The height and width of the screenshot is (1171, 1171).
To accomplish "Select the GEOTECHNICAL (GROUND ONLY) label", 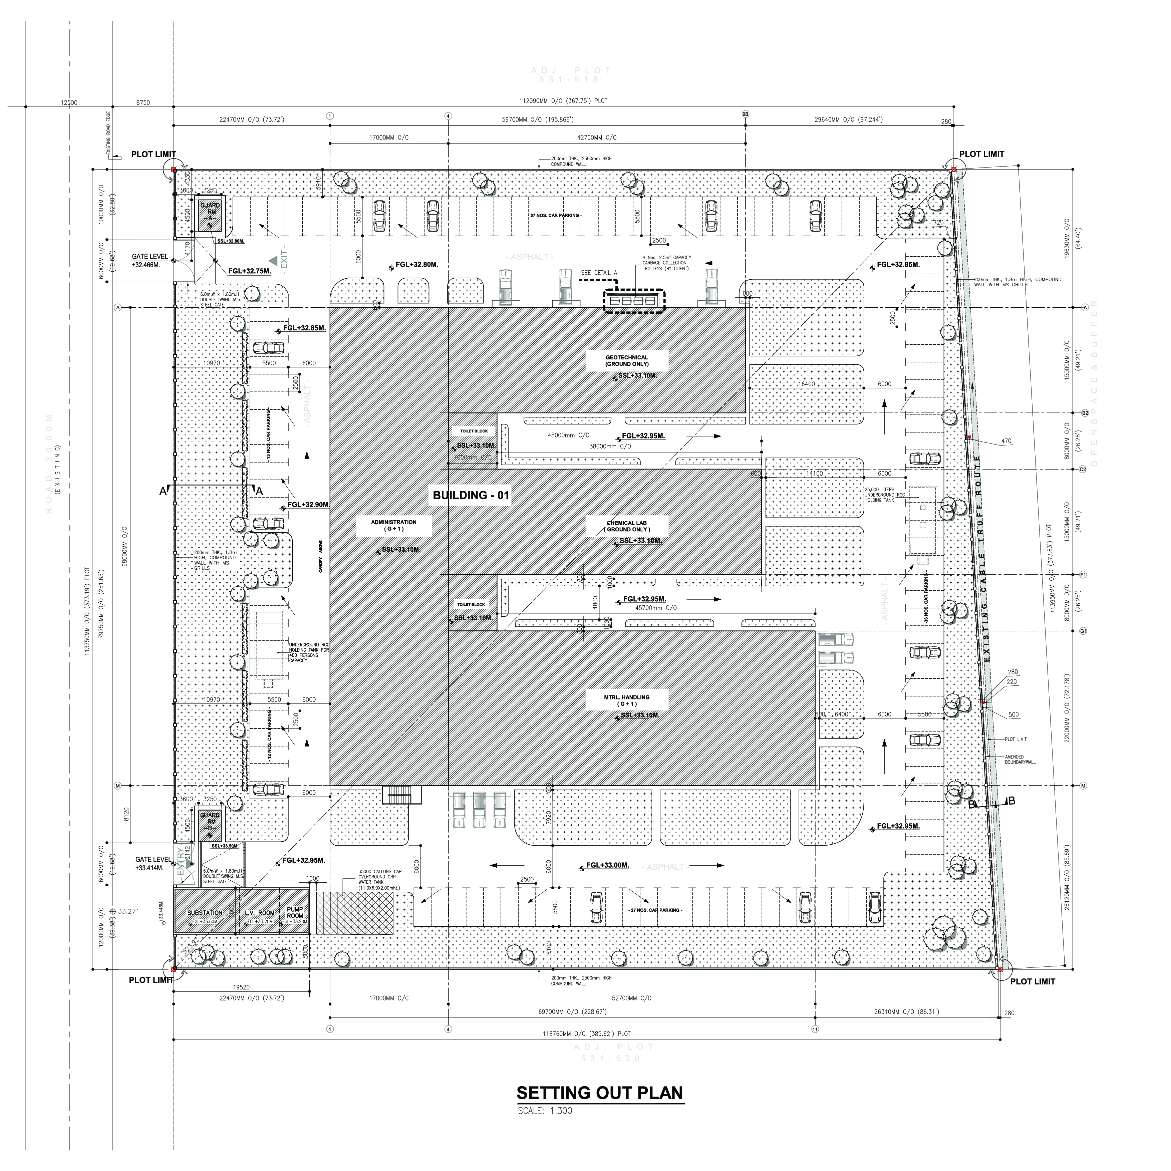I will coord(627,361).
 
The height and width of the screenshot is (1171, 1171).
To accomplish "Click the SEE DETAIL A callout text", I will coord(598,273).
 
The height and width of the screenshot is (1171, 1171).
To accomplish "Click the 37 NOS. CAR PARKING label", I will coord(554,216).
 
